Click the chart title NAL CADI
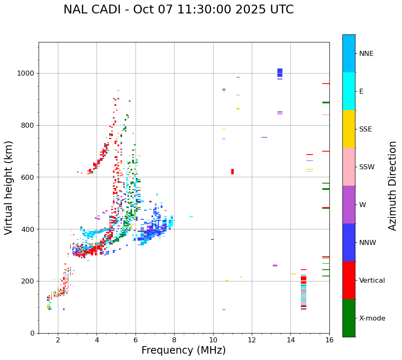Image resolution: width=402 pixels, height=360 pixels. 178,10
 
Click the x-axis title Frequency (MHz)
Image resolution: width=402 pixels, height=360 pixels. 183,350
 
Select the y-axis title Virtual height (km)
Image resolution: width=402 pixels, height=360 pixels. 9,187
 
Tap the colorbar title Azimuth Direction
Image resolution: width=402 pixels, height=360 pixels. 392,186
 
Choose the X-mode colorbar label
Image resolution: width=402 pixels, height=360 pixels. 372,318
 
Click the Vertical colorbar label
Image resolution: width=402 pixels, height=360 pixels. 372,281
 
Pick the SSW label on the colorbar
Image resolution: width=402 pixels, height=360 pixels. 367,167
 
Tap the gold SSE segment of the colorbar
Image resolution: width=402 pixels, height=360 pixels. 349,129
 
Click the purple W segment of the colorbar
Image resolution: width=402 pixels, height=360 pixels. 349,205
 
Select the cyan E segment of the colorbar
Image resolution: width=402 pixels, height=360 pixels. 349,91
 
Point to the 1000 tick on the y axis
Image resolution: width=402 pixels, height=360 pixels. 27,74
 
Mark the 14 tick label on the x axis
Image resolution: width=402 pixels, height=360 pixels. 290,340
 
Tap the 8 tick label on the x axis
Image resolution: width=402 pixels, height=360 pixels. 174,340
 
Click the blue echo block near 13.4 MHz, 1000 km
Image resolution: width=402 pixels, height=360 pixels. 280,73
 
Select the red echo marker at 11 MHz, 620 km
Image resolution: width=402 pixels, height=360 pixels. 232,171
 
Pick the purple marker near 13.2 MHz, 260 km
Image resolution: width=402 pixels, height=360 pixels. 275,265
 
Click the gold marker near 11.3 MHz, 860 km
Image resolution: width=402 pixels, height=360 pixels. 238,109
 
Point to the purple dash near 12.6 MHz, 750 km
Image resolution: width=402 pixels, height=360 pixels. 264,137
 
